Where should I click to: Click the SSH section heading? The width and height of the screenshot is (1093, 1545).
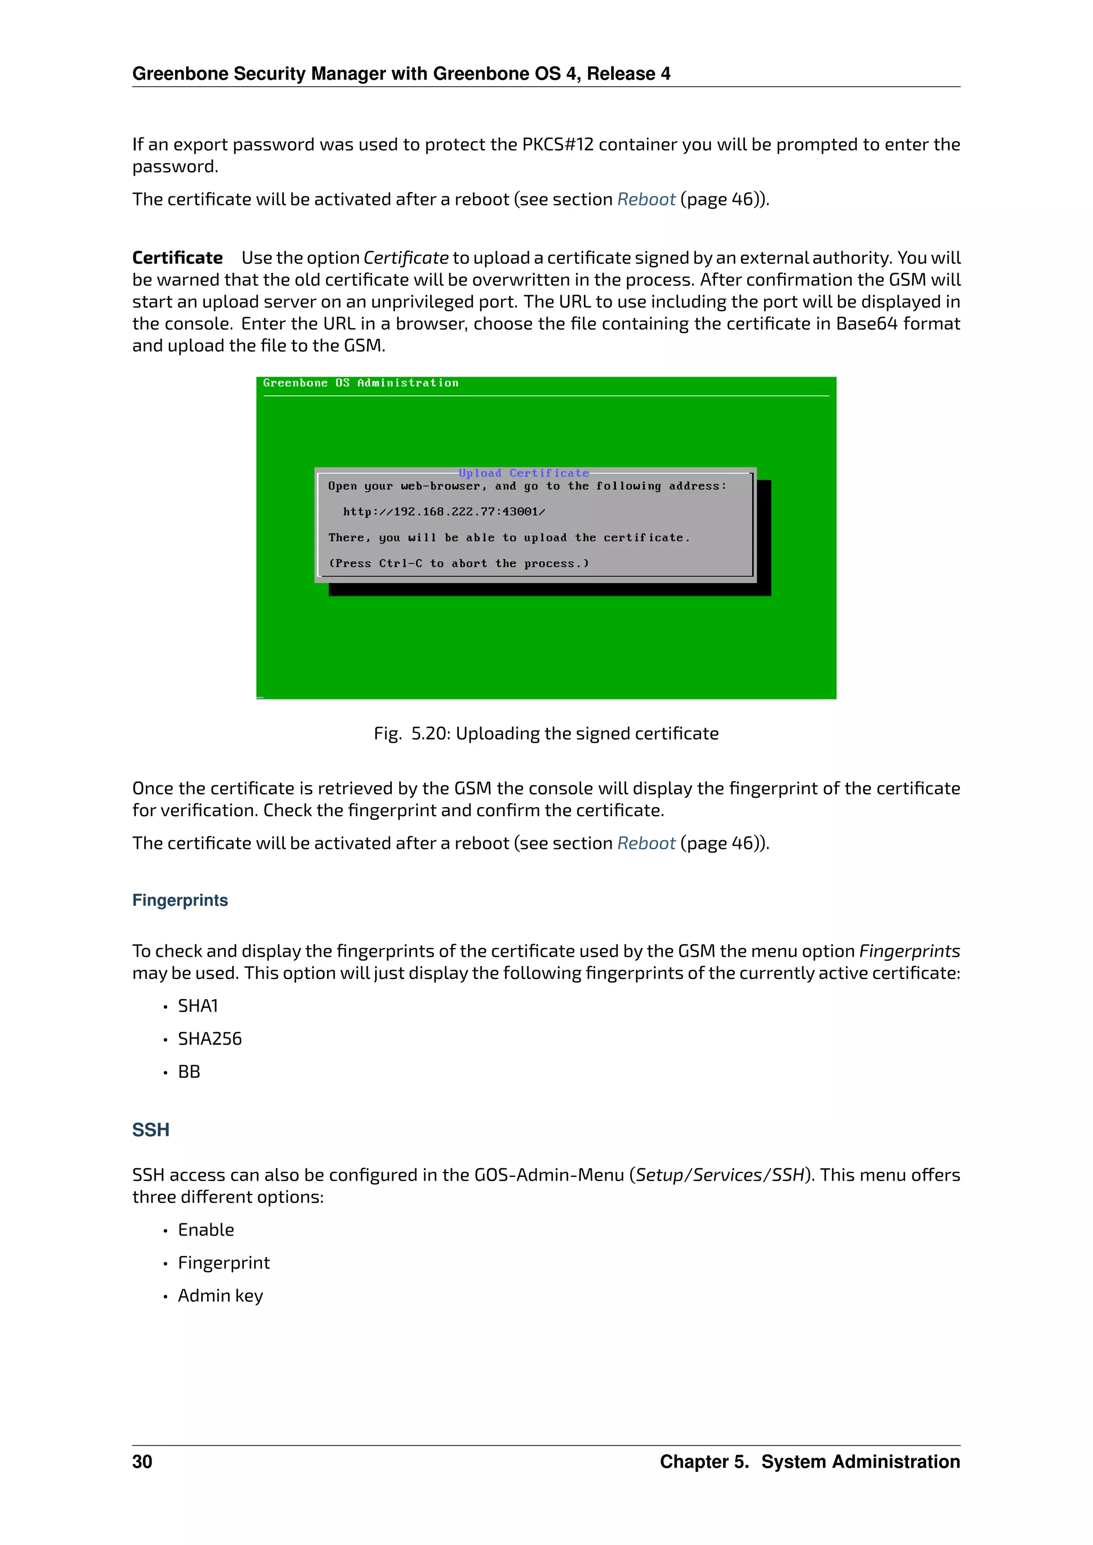(x=151, y=1130)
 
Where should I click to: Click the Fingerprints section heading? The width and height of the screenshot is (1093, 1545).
(x=180, y=901)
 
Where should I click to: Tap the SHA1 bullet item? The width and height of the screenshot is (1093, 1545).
(x=198, y=1006)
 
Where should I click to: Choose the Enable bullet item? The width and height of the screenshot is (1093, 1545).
(x=206, y=1230)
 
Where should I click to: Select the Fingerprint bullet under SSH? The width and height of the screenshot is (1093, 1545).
(x=224, y=1263)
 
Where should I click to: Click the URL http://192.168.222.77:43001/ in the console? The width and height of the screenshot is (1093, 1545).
(x=443, y=512)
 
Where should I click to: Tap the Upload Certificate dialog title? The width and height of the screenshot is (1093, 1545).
(x=524, y=473)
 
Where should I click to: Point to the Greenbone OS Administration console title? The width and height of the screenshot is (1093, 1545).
(x=361, y=383)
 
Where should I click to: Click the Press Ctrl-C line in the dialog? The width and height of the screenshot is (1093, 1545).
(x=458, y=564)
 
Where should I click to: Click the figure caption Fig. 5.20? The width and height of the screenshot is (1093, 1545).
(x=546, y=734)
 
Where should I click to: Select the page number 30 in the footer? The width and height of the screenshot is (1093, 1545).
(x=142, y=1462)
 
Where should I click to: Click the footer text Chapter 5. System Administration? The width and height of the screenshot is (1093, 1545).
(x=810, y=1462)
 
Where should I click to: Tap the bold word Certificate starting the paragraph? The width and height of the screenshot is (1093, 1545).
(x=177, y=258)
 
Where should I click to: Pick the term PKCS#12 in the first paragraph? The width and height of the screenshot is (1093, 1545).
(x=557, y=145)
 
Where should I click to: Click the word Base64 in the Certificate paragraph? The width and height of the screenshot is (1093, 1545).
(x=867, y=324)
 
